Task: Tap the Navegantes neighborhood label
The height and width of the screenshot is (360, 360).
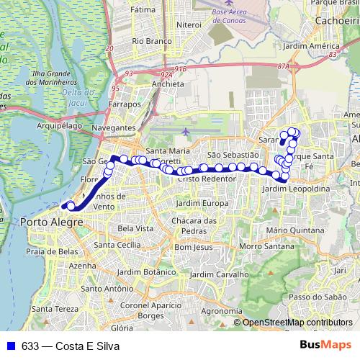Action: coord(114,127)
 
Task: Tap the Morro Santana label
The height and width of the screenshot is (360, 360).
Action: coord(261,246)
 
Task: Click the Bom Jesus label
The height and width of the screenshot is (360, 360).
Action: coord(192,246)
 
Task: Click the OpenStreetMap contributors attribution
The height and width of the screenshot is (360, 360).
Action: coord(297,323)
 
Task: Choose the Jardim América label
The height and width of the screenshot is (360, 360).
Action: coord(311,46)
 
